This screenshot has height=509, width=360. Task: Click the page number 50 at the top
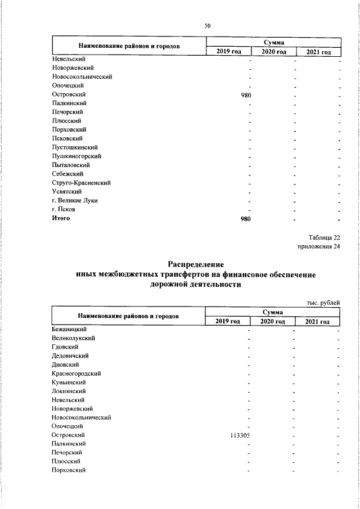point(208,25)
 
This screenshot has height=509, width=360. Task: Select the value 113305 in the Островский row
point(240,435)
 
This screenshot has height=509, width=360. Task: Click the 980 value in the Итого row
point(245,218)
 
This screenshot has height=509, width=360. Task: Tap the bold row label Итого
point(61,218)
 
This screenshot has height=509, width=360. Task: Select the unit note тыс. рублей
point(323,303)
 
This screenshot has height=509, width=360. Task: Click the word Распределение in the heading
point(196,264)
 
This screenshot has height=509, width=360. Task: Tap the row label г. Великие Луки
point(75,200)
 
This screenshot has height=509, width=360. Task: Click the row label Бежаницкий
point(68,329)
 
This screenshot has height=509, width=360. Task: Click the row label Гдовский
point(65,347)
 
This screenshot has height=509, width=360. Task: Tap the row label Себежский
point(67,174)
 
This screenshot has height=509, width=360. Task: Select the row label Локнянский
point(68,391)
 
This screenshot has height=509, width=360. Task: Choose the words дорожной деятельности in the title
point(196,285)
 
